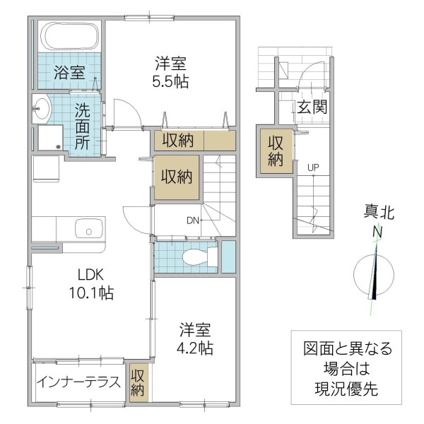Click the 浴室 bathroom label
[69, 72]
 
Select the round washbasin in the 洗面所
[42, 110]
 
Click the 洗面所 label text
[83, 125]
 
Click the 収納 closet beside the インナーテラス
[137, 382]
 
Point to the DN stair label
[192, 220]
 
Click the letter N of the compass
[378, 232]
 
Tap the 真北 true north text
[379, 213]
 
